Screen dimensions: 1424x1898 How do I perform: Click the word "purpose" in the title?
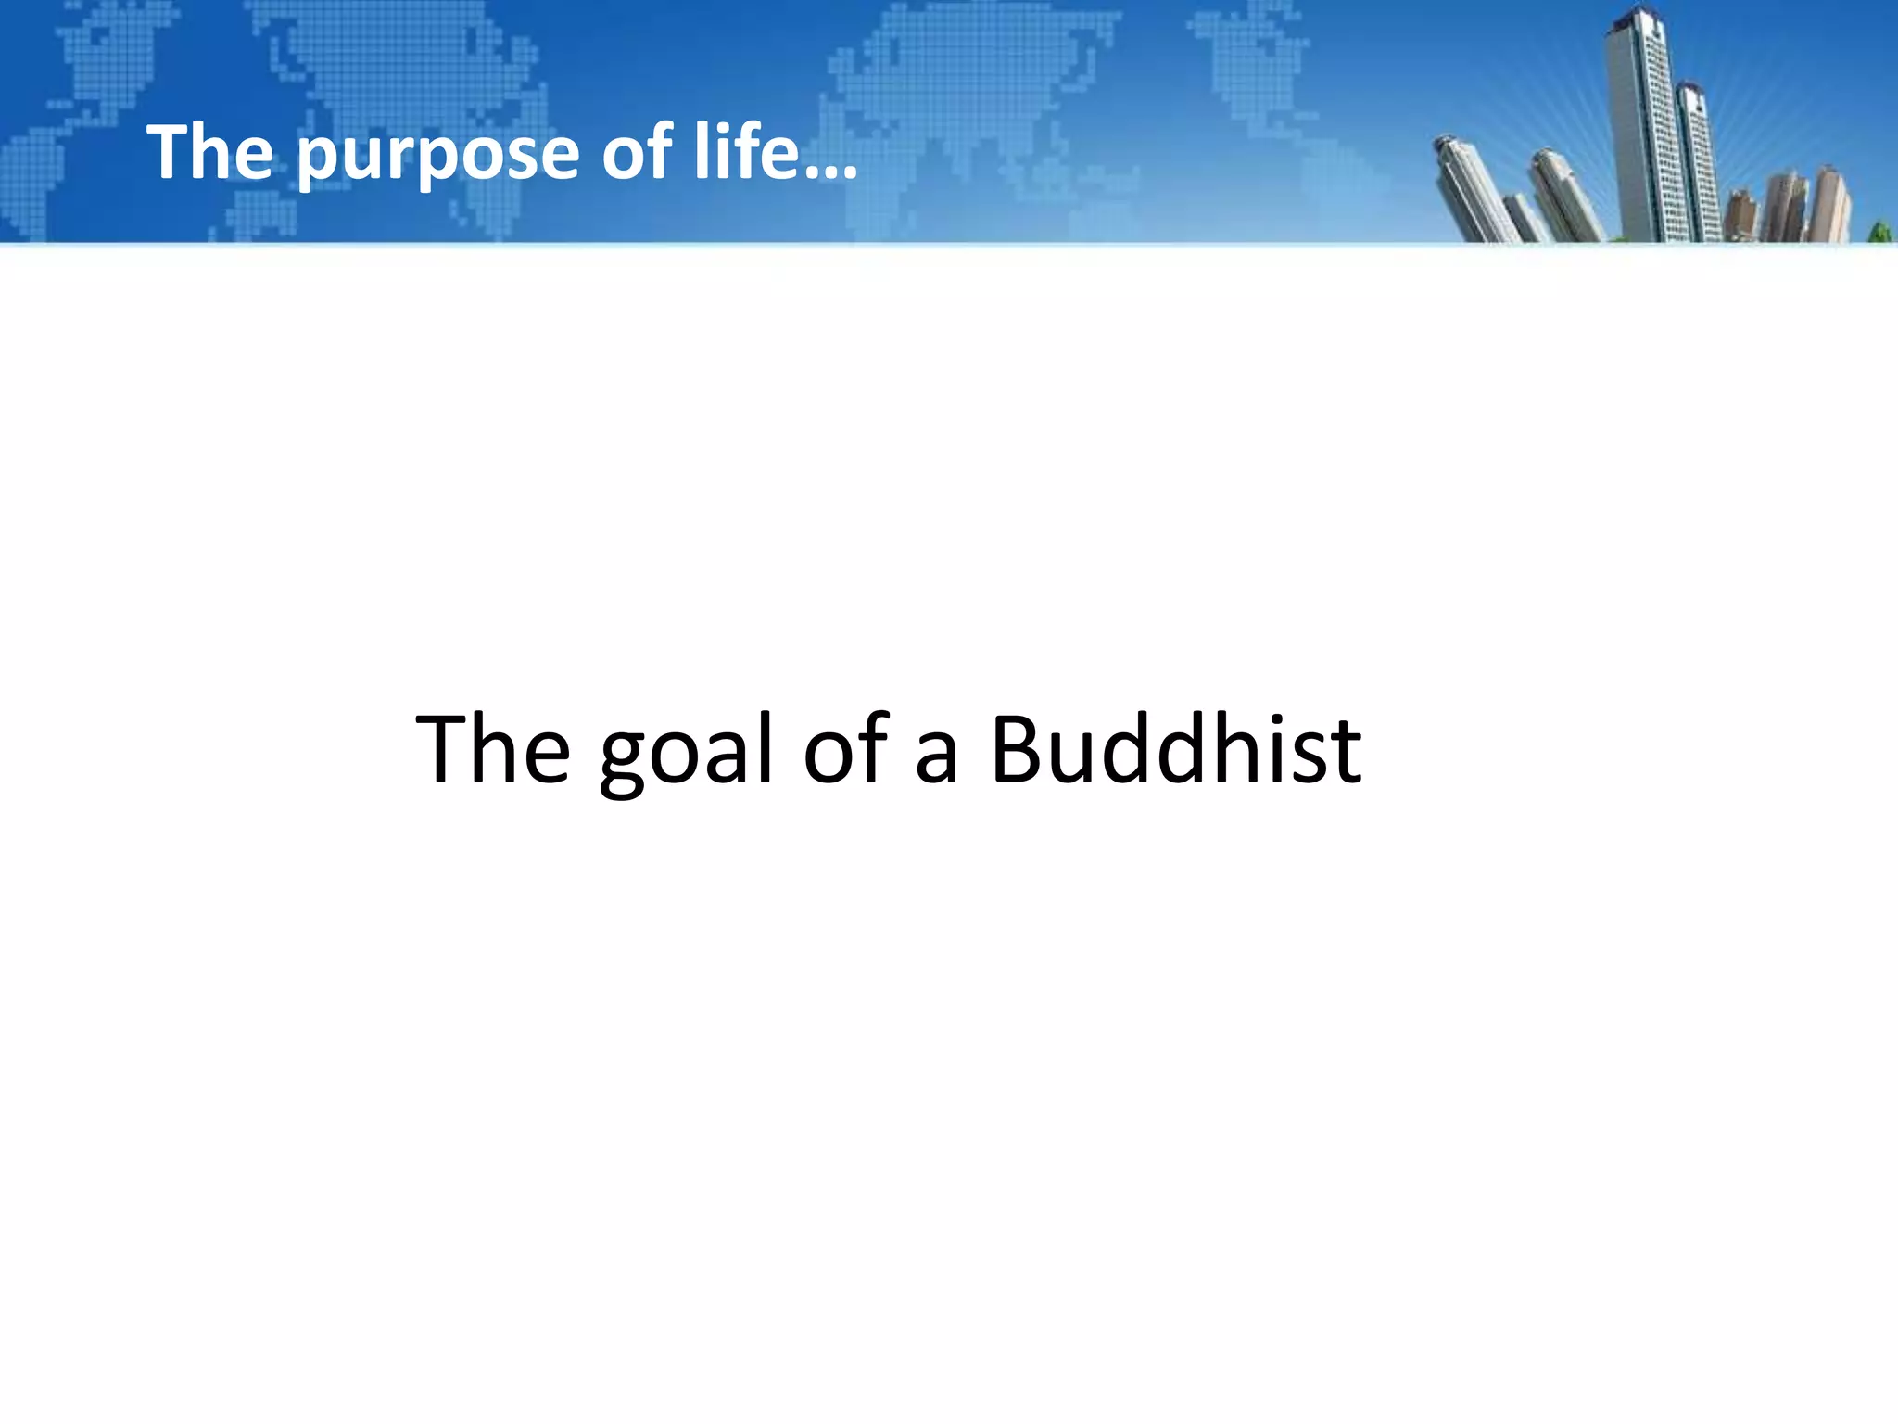(437, 155)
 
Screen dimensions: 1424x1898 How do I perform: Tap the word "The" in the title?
(209, 152)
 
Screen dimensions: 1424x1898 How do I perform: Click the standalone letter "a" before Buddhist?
(936, 760)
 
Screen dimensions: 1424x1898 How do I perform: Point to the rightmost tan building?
(1830, 204)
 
